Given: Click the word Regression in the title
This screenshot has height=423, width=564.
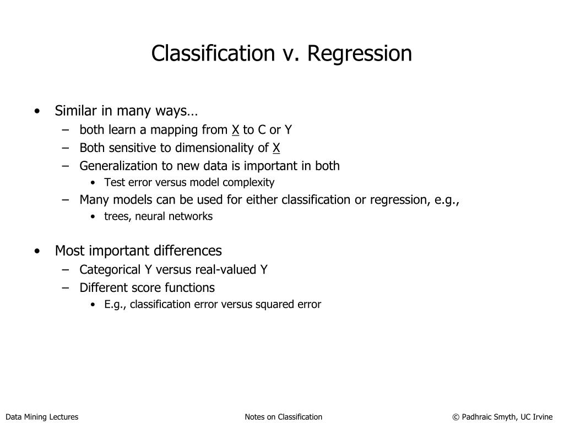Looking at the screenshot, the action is [359, 54].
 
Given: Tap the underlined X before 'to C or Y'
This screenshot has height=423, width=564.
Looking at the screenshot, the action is [235, 130].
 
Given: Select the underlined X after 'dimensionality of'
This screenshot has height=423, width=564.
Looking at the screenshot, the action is [276, 148].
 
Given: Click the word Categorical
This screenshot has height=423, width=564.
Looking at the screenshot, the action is [110, 270].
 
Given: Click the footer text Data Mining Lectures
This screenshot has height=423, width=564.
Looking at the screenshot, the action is [42, 417].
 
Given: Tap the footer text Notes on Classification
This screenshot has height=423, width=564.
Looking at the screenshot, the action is [283, 417].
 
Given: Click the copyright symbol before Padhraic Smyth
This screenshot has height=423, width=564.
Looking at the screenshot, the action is [455, 417].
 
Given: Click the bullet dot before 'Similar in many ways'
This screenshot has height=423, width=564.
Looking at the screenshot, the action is [36, 111].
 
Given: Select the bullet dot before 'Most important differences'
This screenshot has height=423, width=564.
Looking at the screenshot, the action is [36, 251].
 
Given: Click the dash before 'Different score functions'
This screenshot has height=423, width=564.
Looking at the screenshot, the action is [66, 288].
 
